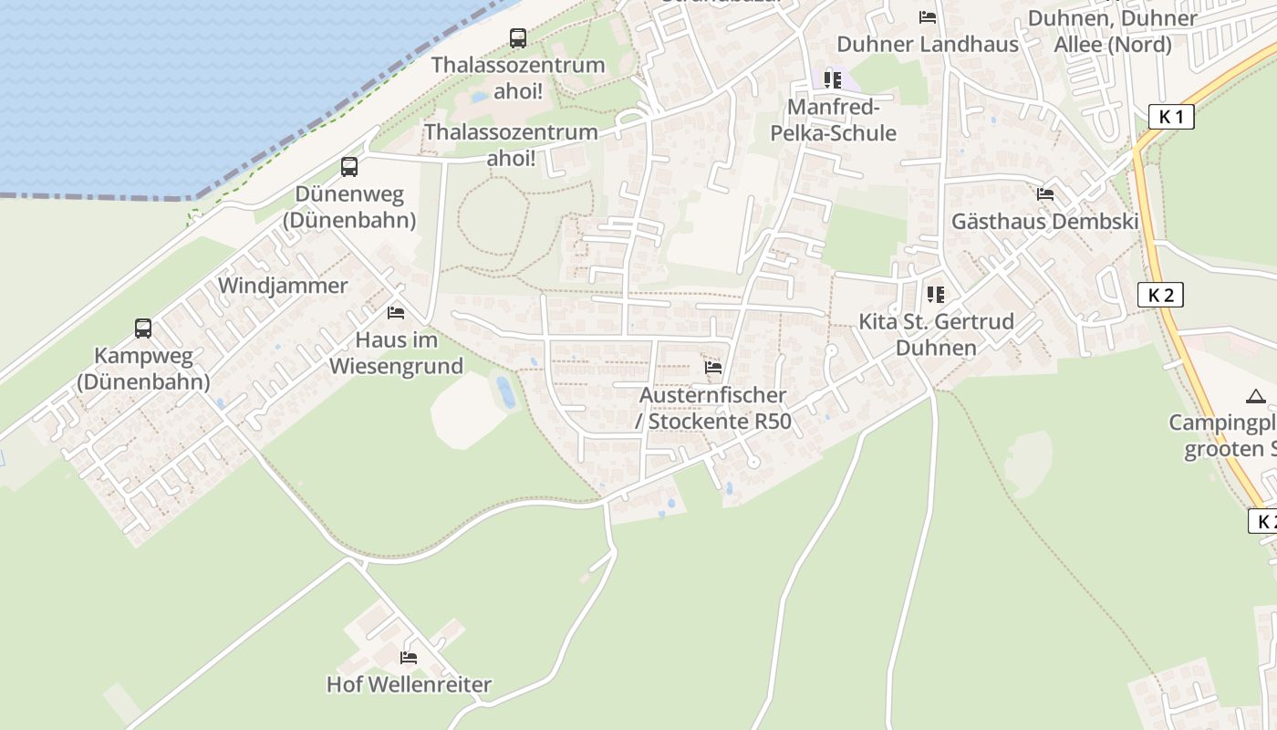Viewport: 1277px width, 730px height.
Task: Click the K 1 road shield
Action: click(1171, 117)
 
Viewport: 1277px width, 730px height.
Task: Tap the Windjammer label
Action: click(283, 286)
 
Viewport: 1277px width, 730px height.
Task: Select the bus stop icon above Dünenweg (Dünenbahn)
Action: click(349, 167)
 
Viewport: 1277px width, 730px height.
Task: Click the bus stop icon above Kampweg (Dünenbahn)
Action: click(143, 328)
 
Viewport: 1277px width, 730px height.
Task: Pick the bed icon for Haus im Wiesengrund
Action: click(396, 313)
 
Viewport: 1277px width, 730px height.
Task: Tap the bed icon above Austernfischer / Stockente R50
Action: click(713, 368)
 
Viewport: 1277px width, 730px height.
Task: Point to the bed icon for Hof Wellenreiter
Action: click(409, 657)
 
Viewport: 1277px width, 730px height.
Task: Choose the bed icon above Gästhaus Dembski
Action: click(1045, 194)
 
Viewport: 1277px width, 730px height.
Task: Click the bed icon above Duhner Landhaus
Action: click(928, 17)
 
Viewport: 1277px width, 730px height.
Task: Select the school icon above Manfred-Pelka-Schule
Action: click(833, 80)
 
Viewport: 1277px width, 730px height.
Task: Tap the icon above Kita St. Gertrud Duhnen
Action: click(935, 295)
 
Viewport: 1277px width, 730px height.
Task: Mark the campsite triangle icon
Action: click(1256, 396)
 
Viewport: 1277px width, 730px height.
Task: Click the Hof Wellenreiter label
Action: click(409, 684)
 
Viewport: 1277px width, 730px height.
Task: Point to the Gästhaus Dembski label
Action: click(1045, 222)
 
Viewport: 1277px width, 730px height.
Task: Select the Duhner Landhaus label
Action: click(928, 44)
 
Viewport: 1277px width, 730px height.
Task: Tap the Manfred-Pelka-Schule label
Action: click(833, 120)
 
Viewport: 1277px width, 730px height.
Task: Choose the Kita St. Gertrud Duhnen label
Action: click(936, 335)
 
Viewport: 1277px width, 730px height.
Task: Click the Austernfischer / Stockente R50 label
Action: click(713, 409)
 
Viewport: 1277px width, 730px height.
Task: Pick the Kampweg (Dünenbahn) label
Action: click(143, 369)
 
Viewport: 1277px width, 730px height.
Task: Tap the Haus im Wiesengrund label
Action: click(396, 353)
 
